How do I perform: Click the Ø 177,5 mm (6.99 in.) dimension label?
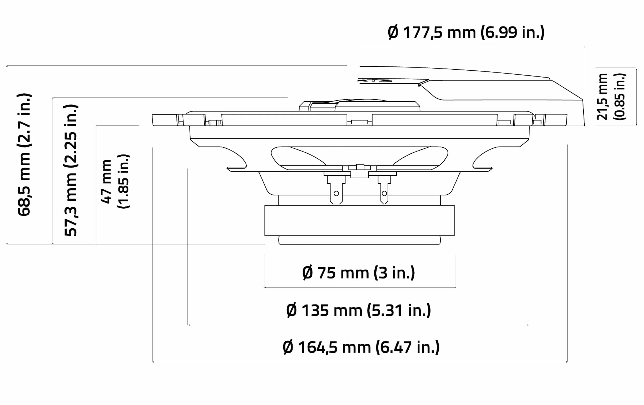click(466, 33)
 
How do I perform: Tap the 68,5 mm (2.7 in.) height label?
click(24, 155)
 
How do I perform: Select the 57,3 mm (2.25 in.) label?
click(71, 170)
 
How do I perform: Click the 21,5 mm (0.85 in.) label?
click(611, 97)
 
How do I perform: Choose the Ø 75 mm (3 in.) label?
click(359, 273)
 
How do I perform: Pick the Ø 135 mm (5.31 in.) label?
click(359, 310)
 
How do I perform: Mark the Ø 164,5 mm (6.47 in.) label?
click(361, 347)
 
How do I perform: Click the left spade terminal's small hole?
click(336, 193)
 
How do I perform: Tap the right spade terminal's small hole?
click(384, 193)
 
